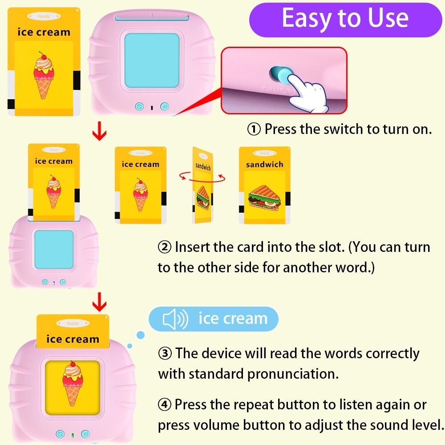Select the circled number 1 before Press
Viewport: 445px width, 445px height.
[254, 129]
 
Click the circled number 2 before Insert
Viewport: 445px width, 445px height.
[164, 247]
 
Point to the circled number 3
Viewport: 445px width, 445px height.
[165, 354]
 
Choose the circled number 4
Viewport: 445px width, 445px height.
[165, 405]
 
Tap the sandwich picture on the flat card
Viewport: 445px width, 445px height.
[265, 196]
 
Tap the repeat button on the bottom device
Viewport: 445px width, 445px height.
[60, 433]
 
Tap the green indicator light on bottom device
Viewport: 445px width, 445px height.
[72, 434]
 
